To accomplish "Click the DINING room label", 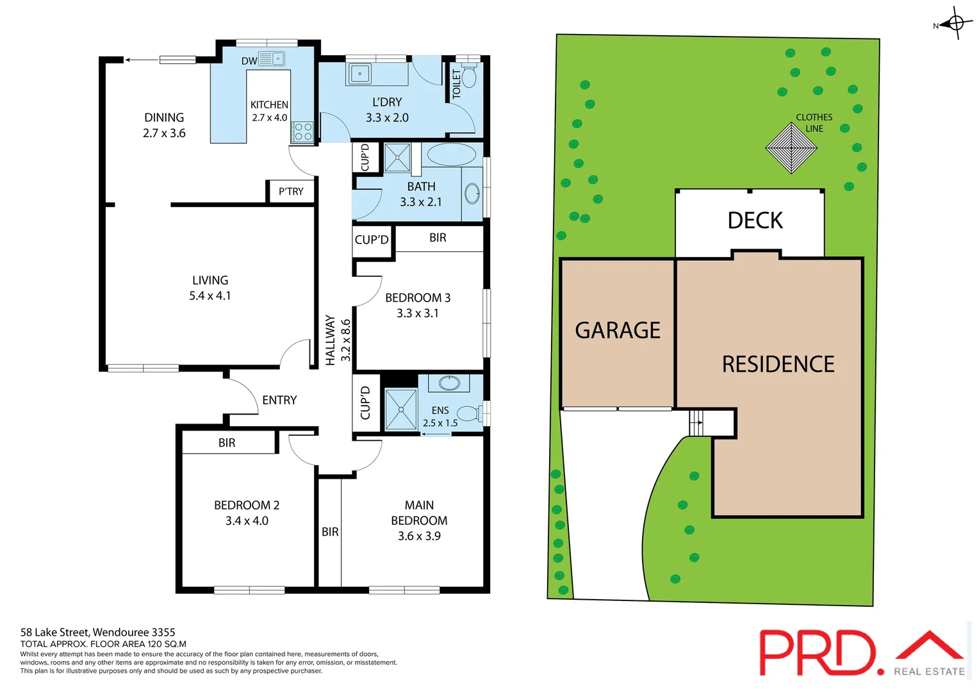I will [x=164, y=118].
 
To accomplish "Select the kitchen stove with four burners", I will [x=302, y=132].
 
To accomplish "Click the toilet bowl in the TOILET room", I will [x=469, y=78].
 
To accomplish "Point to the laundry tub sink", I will [x=359, y=74].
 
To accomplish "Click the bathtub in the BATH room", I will [x=451, y=154].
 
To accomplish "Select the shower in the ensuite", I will [x=401, y=409].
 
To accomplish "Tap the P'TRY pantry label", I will [x=291, y=192].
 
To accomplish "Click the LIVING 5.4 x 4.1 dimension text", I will [x=210, y=296].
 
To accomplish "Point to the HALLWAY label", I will [x=331, y=340].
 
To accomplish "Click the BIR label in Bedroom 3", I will [x=438, y=238].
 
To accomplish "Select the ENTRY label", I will [x=279, y=400].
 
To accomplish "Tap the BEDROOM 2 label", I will [x=247, y=506].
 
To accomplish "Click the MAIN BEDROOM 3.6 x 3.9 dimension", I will [x=419, y=536].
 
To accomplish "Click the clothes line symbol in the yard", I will [x=791, y=148].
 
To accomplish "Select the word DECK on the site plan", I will [x=755, y=221].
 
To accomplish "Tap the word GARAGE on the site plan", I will [x=618, y=331].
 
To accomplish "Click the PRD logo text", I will [x=818, y=652].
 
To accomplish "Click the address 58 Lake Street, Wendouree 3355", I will [x=97, y=632].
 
